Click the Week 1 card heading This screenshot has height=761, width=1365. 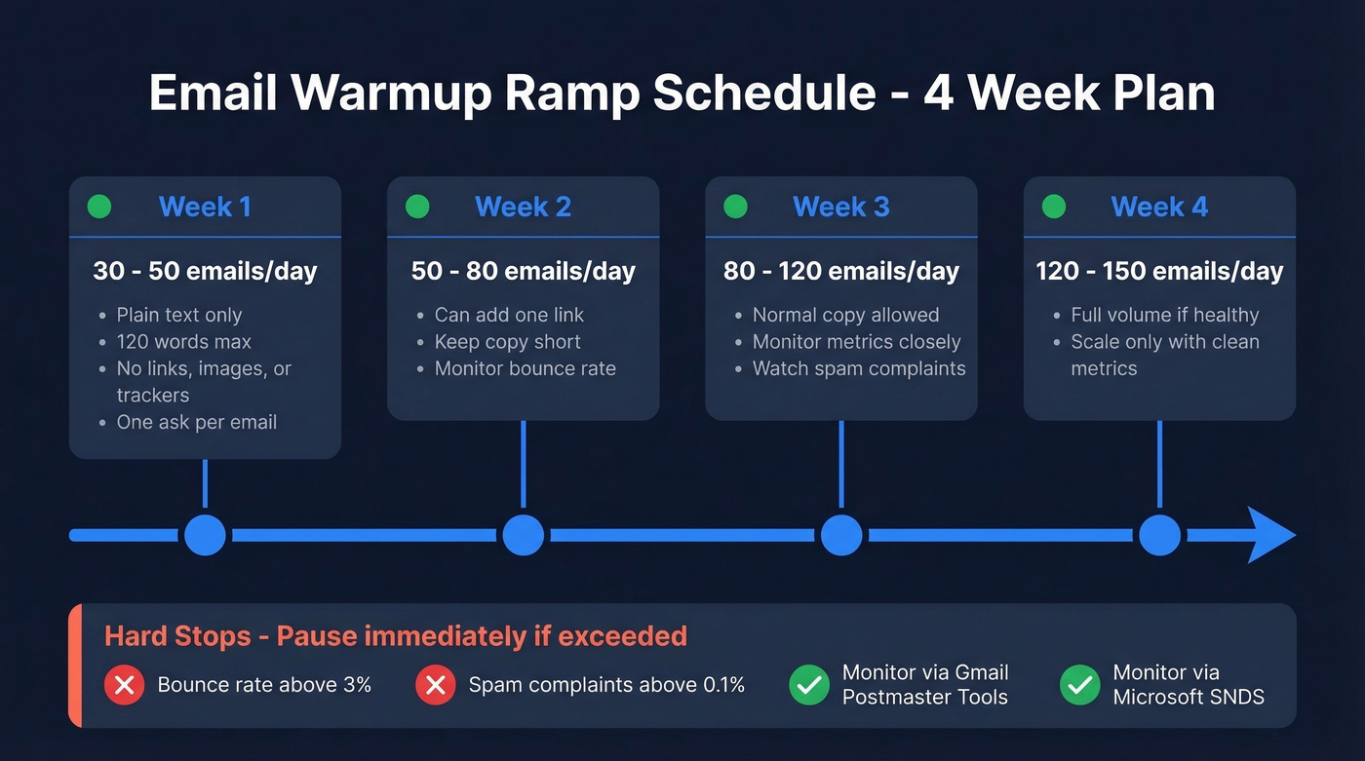click(x=205, y=207)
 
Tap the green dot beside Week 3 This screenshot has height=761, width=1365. click(x=735, y=207)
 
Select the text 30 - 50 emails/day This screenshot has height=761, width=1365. click(x=205, y=271)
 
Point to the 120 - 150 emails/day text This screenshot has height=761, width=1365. click(x=1159, y=271)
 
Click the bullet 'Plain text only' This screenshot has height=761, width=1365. click(x=179, y=315)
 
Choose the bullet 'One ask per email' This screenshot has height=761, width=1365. click(x=197, y=422)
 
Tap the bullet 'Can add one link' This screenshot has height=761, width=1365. click(x=509, y=315)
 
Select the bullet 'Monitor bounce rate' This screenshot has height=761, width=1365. click(x=525, y=368)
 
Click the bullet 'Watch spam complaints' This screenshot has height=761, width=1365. click(x=859, y=368)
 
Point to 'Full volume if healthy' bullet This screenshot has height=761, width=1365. click(x=1165, y=315)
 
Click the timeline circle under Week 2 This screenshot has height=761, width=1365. click(x=523, y=535)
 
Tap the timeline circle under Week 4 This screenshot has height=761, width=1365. click(x=1159, y=535)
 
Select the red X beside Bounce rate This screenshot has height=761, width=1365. click(x=124, y=685)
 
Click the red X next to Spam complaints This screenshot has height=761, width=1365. click(x=435, y=685)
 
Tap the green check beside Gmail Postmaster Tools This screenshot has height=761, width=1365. click(x=808, y=685)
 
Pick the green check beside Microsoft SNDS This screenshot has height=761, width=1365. click(x=1079, y=685)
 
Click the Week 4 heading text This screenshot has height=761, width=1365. click(x=1159, y=207)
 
